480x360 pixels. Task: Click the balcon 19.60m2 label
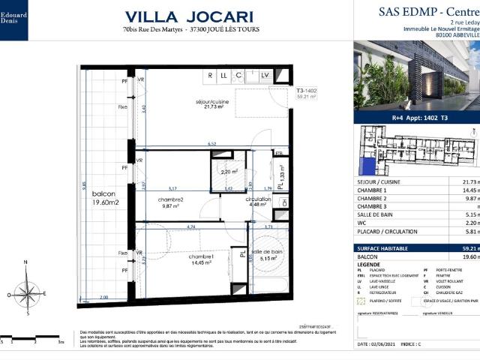(100, 197)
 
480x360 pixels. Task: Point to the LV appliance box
(265, 76)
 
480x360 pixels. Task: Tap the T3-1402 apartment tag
(286, 91)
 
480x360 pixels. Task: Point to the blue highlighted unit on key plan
(368, 165)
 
